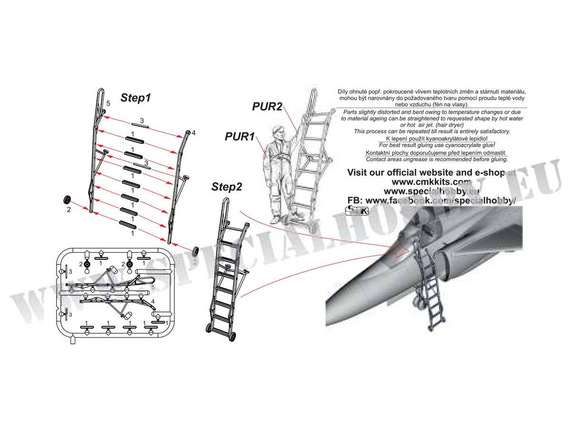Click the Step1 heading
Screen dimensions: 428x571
click(x=136, y=98)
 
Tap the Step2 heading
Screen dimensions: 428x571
click(x=226, y=187)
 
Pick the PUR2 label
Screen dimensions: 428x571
click(x=267, y=107)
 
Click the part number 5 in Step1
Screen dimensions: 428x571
click(x=108, y=103)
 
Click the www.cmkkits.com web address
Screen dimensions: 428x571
click(x=431, y=182)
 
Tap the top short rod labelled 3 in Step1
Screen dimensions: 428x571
click(x=141, y=127)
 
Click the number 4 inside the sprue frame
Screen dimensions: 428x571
click(x=153, y=302)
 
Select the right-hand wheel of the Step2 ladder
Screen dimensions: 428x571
click(x=232, y=336)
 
